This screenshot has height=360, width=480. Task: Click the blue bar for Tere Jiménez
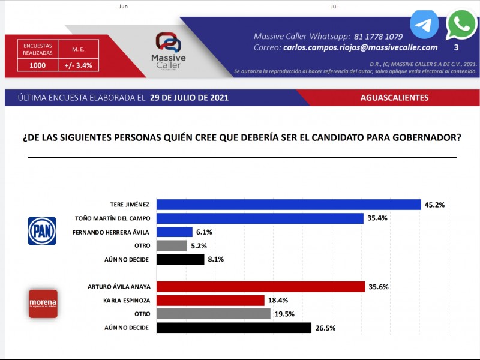pos(288,205)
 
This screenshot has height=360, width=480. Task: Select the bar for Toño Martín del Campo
pos(260,218)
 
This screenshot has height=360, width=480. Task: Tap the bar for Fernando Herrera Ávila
pos(174,232)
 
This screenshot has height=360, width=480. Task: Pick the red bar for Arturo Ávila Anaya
pos(260,286)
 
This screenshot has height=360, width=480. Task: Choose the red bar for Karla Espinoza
pos(210,300)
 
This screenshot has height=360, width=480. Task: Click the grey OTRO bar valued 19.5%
pos(213,314)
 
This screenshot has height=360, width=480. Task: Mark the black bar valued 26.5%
pos(233,328)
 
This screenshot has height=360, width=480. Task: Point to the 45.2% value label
pos(434,205)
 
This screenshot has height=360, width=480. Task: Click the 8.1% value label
pos(217,260)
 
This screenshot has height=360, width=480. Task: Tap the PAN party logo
pos(42,231)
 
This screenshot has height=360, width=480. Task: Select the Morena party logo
pos(43,303)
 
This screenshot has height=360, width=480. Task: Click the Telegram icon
pos(424,25)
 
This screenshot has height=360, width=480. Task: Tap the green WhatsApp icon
pos(461,25)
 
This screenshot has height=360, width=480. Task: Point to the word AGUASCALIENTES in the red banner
pos(394,97)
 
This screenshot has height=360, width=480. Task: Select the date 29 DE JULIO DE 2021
pos(189,97)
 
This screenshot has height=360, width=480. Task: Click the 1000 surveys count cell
pos(38,66)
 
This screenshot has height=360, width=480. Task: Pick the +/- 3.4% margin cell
pos(78,66)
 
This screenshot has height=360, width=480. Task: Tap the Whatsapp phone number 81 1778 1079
pos(379,36)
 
